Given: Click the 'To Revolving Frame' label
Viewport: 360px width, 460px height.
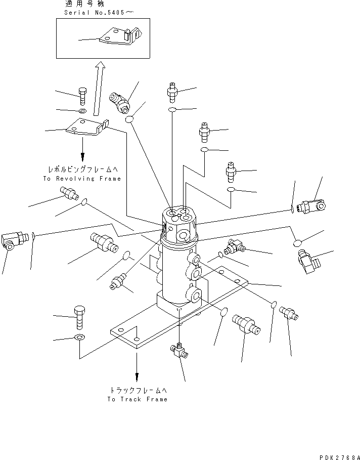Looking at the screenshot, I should coord(82,179).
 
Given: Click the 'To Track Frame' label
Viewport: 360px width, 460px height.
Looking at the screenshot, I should coord(137,399).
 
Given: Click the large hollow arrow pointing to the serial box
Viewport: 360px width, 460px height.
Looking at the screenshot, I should coord(98,89).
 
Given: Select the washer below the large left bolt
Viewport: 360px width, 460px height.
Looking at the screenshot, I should coord(80,337).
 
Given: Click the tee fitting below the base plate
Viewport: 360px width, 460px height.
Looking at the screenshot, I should coord(178,350).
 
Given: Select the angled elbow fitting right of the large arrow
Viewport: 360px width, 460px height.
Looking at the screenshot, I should coord(121,101).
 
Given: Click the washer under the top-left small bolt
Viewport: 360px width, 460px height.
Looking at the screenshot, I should coord(82,110).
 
